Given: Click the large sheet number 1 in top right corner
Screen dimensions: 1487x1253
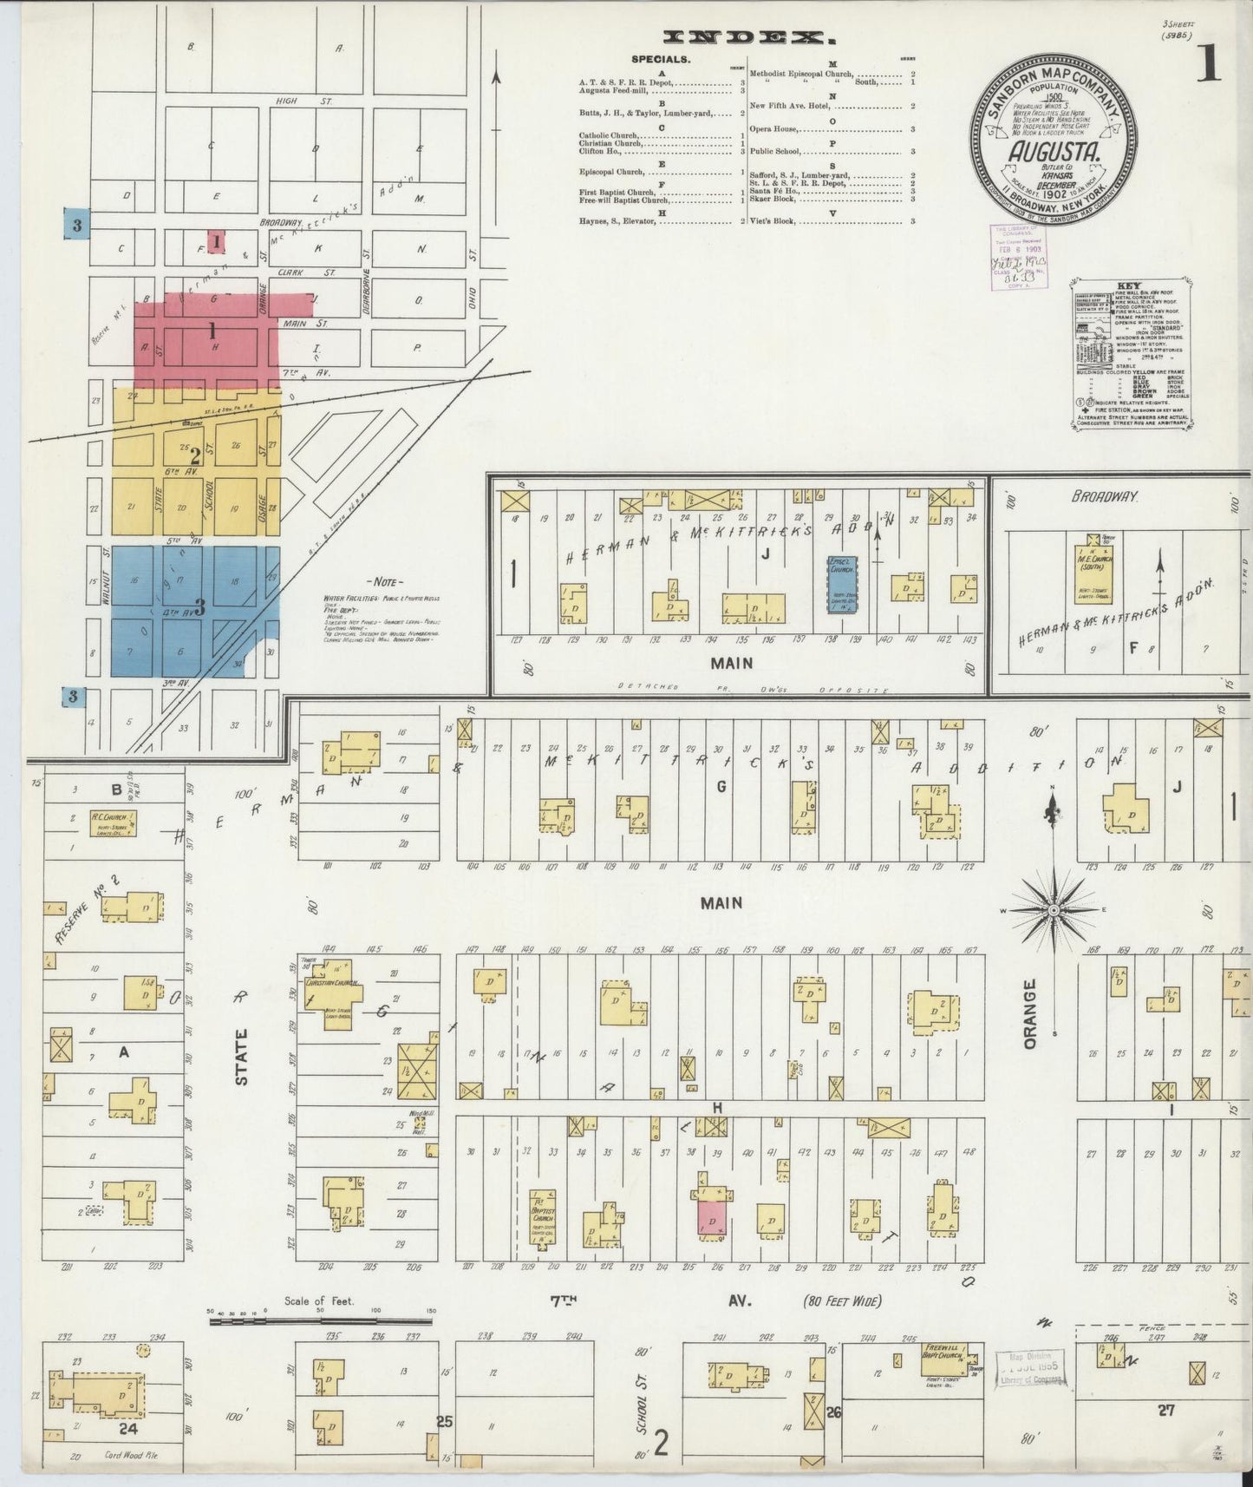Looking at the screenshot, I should point(1210,66).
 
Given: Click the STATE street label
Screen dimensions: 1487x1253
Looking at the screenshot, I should point(241,1056).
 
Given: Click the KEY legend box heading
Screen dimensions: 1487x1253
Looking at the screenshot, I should point(1129,285).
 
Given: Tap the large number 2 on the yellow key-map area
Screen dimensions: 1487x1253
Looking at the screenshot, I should point(196,455).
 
